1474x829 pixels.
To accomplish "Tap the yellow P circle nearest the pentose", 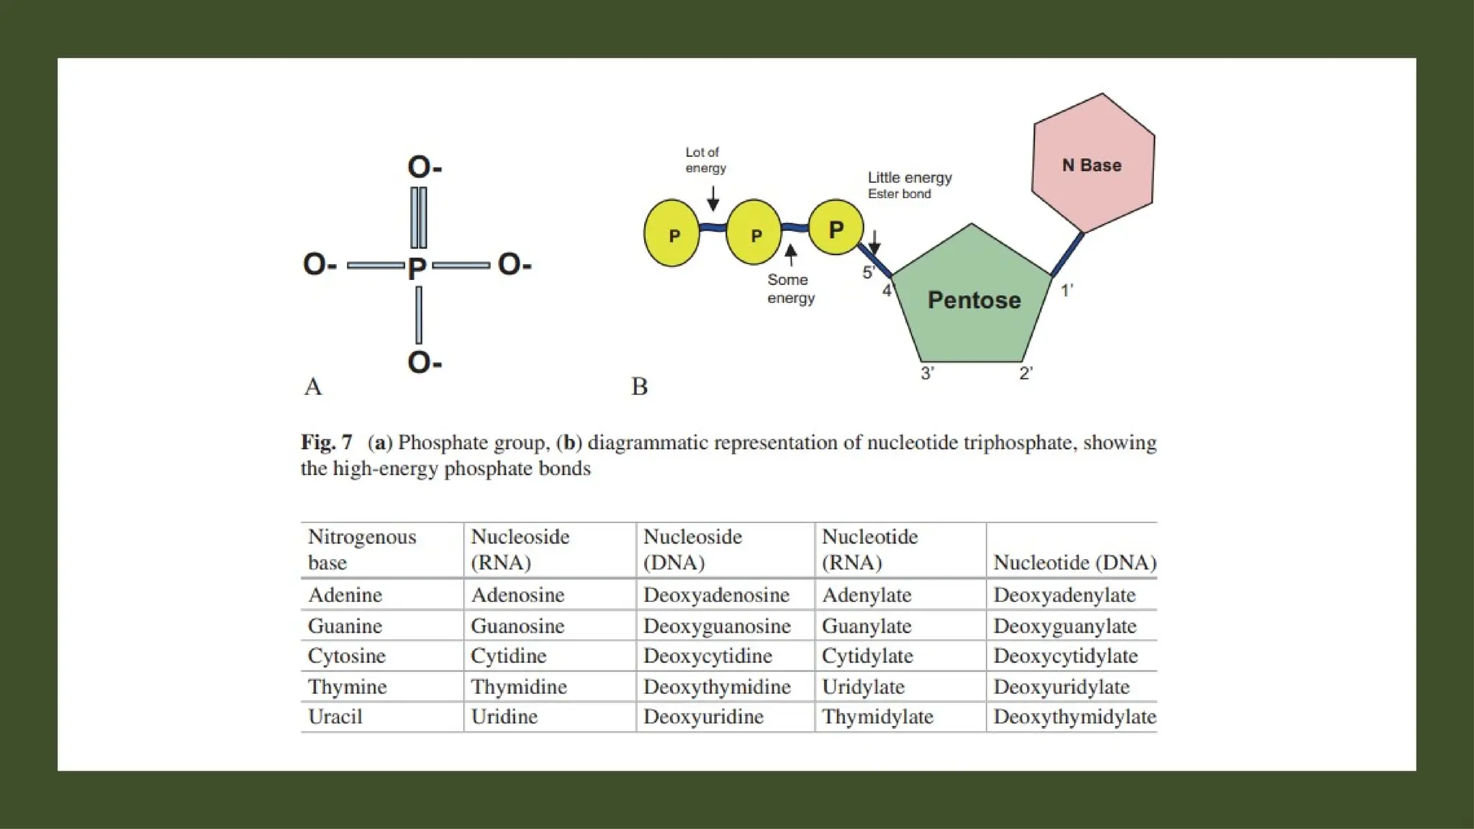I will click(836, 228).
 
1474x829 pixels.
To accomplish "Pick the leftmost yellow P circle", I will click(672, 234).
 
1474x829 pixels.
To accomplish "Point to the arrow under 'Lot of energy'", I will click(713, 199).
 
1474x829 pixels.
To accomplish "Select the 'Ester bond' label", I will click(899, 194).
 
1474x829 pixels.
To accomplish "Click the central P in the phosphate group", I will click(417, 268).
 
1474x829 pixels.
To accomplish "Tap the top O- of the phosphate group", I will click(424, 167).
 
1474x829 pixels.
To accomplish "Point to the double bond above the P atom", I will click(418, 217).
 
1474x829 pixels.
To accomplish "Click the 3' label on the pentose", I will click(928, 373).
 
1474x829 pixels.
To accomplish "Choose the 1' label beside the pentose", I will click(1067, 290).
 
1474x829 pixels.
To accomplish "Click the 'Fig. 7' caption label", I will click(327, 442).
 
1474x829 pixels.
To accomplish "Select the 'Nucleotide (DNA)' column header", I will click(1075, 562).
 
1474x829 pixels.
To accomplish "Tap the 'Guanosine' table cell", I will click(517, 626).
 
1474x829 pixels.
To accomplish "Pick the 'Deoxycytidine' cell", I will click(707, 656).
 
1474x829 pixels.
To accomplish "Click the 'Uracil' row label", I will click(335, 717).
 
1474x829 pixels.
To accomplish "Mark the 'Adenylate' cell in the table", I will click(867, 595).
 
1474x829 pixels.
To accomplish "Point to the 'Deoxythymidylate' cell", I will click(1075, 717).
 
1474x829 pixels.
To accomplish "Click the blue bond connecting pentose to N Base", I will click(1068, 254).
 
